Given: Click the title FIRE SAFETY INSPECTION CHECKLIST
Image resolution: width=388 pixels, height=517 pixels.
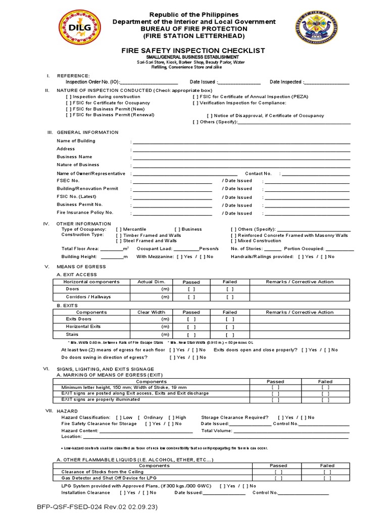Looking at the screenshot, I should click(x=194, y=51).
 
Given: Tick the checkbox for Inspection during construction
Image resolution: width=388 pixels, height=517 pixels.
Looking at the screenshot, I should click(x=69, y=96).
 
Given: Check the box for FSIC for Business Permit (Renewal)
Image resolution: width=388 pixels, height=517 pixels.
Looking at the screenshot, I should click(x=69, y=115).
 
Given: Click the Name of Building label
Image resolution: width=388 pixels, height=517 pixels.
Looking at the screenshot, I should click(x=76, y=141).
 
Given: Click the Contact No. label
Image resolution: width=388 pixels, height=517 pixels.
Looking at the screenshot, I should click(x=258, y=173).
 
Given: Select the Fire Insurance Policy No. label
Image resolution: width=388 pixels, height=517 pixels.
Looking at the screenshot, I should click(x=85, y=213).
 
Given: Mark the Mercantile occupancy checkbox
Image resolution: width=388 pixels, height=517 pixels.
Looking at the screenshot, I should click(x=119, y=229).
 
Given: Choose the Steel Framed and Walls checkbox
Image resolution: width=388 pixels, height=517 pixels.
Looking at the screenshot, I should click(x=119, y=241).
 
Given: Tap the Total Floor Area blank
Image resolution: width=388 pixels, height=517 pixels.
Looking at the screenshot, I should click(x=112, y=249).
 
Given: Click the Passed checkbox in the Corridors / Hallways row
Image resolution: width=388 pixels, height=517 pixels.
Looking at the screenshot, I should click(x=191, y=297).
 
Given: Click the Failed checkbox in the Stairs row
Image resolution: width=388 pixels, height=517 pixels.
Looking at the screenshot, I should click(x=230, y=335).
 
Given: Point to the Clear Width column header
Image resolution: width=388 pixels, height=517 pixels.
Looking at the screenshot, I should click(x=151, y=312).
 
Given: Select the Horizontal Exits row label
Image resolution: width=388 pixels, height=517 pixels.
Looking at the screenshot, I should click(x=83, y=327).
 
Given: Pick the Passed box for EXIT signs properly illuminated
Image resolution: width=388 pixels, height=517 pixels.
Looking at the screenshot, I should click(x=275, y=400).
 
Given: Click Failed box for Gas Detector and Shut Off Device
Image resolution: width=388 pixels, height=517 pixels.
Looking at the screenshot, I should click(x=327, y=478).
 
